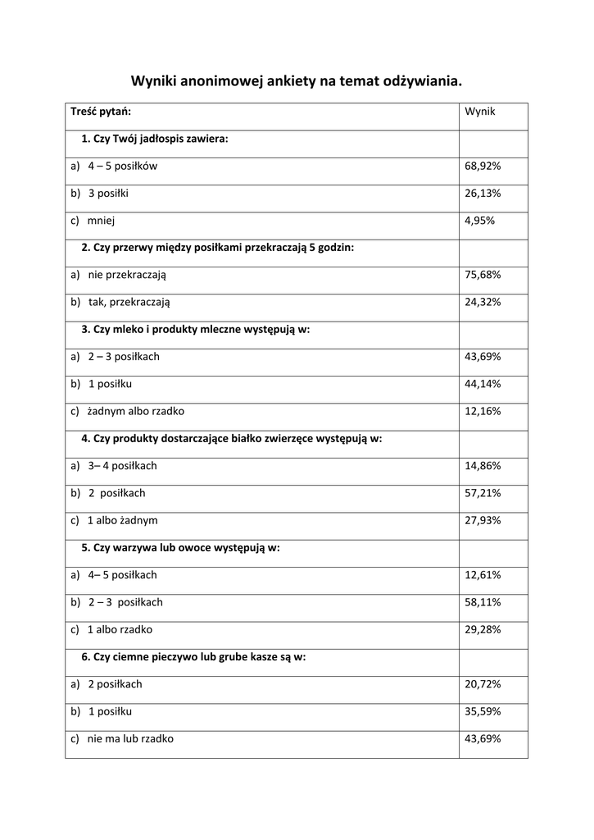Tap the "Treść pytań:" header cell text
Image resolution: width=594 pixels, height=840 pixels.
pyautogui.click(x=101, y=112)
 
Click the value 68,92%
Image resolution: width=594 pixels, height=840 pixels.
pyautogui.click(x=483, y=167)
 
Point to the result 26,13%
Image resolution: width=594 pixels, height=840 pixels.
pyautogui.click(x=483, y=194)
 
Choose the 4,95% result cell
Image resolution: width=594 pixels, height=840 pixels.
pyautogui.click(x=480, y=221)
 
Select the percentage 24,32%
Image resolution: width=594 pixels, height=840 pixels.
pyautogui.click(x=483, y=302)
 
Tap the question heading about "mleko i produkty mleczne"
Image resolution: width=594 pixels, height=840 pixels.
pyautogui.click(x=196, y=329)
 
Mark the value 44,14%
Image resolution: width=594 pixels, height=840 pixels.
pyautogui.click(x=483, y=384)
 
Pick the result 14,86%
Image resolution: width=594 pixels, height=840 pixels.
pyautogui.click(x=483, y=466)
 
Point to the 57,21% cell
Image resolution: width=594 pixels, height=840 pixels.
pyautogui.click(x=483, y=493)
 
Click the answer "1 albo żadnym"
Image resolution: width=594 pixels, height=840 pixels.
pyautogui.click(x=122, y=520)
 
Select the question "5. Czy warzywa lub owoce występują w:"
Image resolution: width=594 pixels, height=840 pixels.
pyautogui.click(x=180, y=547)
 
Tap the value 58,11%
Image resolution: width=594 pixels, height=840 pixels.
pyautogui.click(x=483, y=602)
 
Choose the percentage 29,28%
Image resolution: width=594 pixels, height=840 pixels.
pyautogui.click(x=483, y=629)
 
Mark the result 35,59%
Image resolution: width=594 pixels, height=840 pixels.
pyautogui.click(x=483, y=711)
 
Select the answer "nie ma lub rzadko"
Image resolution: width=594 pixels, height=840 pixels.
pyautogui.click(x=130, y=738)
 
